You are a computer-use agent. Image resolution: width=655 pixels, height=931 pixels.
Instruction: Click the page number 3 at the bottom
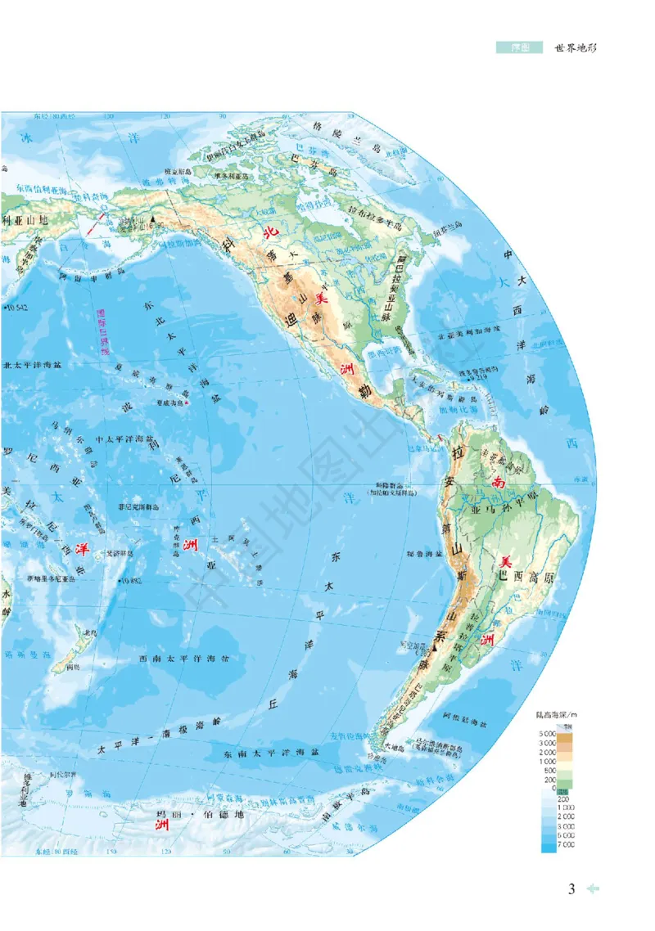point(573,888)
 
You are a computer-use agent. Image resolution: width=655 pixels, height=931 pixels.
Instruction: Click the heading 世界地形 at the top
point(576,48)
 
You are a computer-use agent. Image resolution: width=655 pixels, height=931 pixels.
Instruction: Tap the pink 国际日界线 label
point(102,331)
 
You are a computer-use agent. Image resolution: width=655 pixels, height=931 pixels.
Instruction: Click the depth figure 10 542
point(16,307)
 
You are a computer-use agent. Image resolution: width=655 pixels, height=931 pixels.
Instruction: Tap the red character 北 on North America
point(268,232)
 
